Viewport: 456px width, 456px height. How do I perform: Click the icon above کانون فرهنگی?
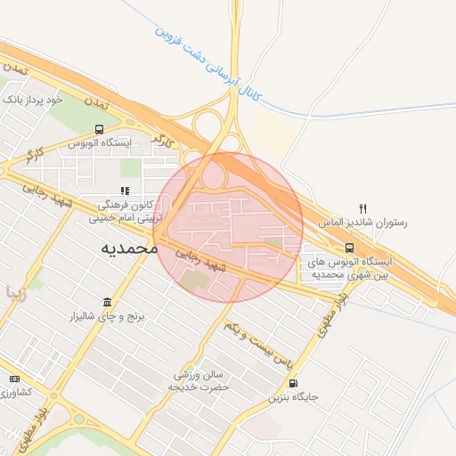pyautogui.click(x=126, y=191)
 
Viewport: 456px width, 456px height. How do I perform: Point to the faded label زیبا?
pyautogui.click(x=20, y=291)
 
